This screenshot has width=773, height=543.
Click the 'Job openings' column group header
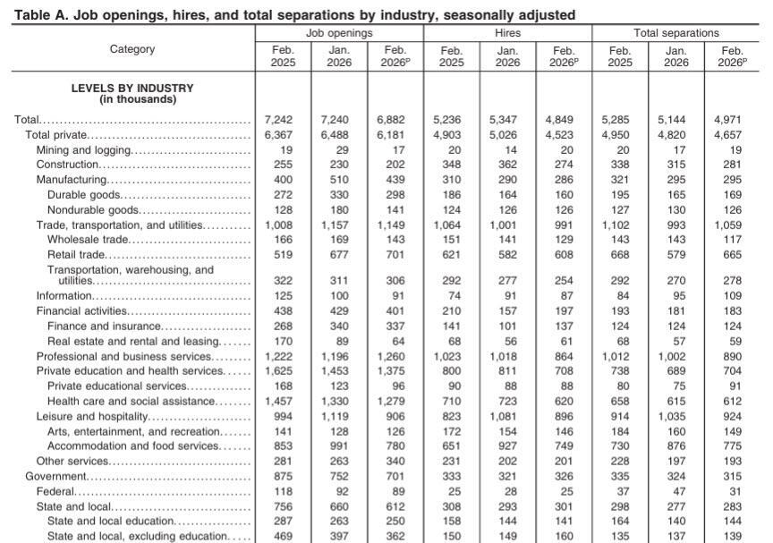(339, 33)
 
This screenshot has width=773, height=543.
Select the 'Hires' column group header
(507, 33)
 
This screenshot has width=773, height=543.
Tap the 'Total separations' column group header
(675, 33)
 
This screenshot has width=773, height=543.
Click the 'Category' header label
(132, 50)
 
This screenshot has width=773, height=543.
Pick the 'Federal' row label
(55, 491)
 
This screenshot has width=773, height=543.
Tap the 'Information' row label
(64, 296)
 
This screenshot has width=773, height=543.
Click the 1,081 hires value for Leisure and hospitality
(507, 417)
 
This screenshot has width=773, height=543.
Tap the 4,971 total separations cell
(732, 120)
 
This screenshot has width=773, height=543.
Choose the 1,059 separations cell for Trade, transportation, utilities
(732, 225)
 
